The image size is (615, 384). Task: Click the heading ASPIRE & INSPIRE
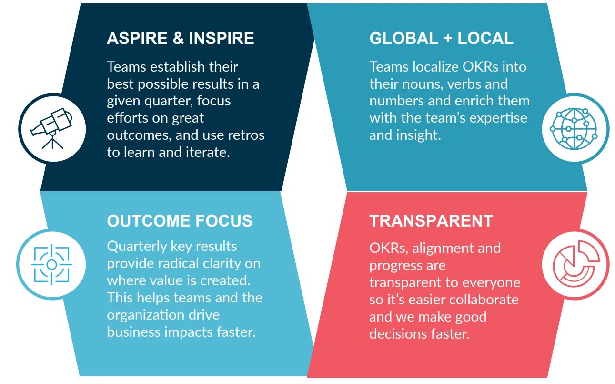[x=180, y=39]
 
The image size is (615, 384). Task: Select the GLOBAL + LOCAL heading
[x=441, y=39]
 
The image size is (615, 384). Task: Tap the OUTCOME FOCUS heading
[x=180, y=221]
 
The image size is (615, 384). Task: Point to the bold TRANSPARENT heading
[x=431, y=221]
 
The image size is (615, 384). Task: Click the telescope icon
[x=51, y=127]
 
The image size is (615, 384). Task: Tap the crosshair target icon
[x=51, y=264]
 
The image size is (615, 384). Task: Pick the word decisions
[x=401, y=333]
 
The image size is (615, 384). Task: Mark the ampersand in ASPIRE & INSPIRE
[x=179, y=39]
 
